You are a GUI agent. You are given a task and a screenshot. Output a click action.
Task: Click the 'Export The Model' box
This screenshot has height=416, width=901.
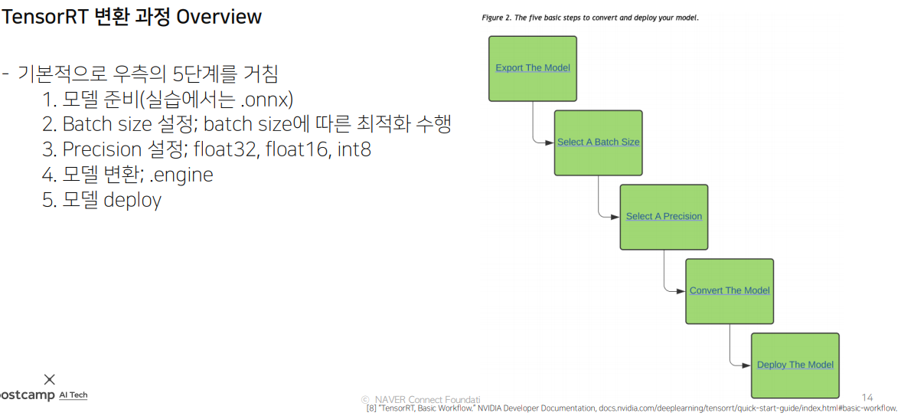click(x=532, y=68)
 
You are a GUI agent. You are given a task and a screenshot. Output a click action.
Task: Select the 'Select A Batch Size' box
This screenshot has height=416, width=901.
click(x=598, y=142)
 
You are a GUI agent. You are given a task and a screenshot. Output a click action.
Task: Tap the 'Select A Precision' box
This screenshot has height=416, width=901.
click(x=664, y=217)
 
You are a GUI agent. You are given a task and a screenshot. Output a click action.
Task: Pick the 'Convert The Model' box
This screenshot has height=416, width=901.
click(x=729, y=291)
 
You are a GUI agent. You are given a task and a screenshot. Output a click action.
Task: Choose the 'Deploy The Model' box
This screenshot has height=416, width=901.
click(x=795, y=365)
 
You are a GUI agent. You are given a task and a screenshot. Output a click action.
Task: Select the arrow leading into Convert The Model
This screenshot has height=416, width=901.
click(x=679, y=291)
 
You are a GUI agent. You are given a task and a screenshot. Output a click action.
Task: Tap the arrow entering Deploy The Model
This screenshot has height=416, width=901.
click(x=745, y=365)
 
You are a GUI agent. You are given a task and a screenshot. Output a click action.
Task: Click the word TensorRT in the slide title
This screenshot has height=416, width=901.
click(x=35, y=17)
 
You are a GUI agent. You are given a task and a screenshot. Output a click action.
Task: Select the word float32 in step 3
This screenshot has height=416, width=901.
click(x=224, y=149)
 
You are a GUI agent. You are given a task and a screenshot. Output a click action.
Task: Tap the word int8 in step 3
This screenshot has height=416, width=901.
click(x=354, y=149)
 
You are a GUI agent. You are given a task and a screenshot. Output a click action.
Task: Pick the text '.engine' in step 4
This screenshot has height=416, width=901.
click(x=181, y=175)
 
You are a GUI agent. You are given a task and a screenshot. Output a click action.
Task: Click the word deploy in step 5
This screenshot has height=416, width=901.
click(x=132, y=200)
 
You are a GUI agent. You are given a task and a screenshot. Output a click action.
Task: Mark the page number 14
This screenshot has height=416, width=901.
click(x=867, y=398)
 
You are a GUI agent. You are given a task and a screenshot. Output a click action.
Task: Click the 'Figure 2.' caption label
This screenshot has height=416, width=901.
click(x=498, y=17)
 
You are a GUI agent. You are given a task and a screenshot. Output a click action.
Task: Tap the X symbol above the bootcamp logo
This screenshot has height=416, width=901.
click(x=50, y=379)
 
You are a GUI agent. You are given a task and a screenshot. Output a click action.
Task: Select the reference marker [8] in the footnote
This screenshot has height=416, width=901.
click(x=371, y=408)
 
